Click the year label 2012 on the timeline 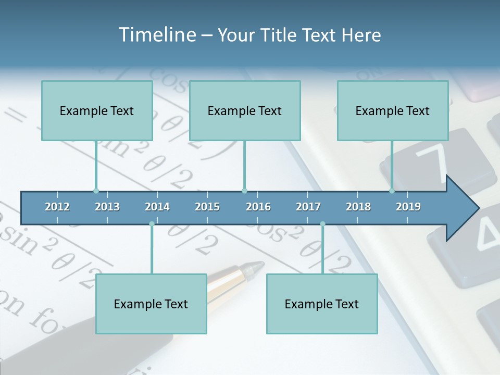click(x=57, y=207)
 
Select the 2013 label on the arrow click(x=107, y=207)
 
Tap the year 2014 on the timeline click(x=157, y=207)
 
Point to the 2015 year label click(x=207, y=207)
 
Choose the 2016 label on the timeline click(x=258, y=207)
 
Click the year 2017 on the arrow click(x=308, y=207)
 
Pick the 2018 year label click(x=358, y=207)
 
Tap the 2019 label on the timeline click(x=408, y=207)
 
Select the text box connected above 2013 click(x=97, y=110)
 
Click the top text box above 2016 click(x=245, y=110)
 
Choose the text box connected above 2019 click(x=393, y=110)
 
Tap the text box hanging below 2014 click(x=151, y=304)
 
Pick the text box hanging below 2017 click(x=322, y=304)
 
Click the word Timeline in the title click(x=156, y=35)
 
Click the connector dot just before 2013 click(x=96, y=191)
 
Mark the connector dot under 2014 click(x=152, y=224)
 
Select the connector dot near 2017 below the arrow click(x=322, y=224)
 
